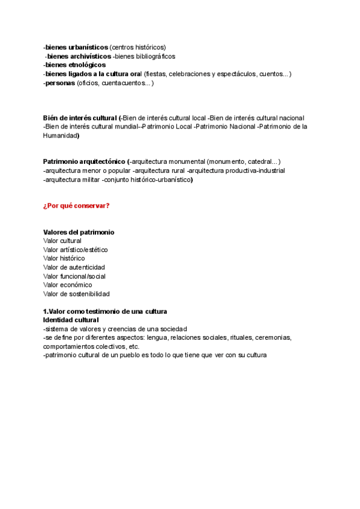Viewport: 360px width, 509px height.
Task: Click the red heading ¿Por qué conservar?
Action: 76,206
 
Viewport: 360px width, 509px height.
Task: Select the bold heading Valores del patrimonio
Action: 79,232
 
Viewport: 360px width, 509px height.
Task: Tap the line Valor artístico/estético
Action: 76,250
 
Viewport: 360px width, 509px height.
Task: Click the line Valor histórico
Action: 64,258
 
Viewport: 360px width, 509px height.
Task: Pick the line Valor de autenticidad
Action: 74,267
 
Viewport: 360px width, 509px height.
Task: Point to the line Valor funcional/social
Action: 74,276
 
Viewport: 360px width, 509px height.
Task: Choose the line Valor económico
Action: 67,285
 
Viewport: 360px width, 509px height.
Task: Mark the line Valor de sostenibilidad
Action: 76,294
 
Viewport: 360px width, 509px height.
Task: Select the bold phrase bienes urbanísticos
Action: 77,47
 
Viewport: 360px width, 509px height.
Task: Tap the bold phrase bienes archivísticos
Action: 79,56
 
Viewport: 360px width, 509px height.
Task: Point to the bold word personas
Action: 60,83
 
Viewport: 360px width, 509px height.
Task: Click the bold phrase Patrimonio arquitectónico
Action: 84,161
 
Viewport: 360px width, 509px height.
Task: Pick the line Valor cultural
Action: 62,241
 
